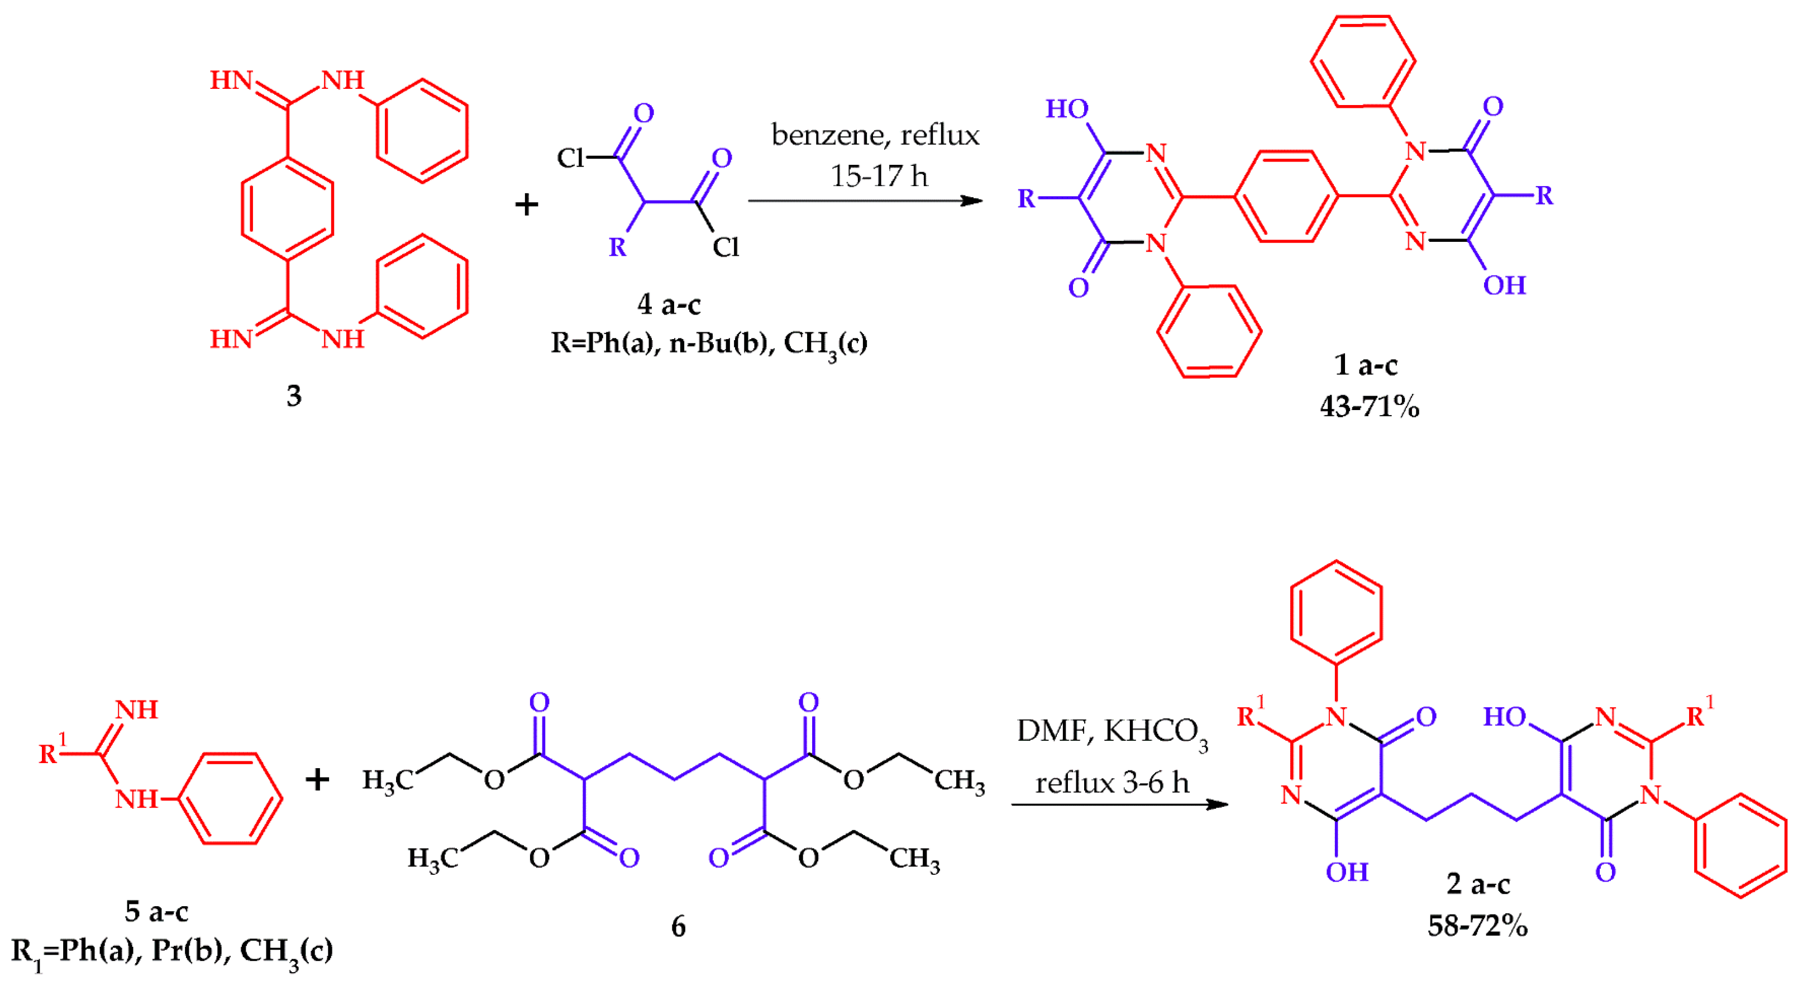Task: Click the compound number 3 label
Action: click(294, 396)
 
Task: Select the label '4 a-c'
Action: click(669, 304)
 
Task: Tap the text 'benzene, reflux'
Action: click(875, 135)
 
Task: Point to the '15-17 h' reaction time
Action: click(879, 175)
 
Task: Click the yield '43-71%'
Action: click(1369, 407)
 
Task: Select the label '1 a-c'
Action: click(1365, 365)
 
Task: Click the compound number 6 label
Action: click(678, 927)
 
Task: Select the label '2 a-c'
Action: click(1477, 884)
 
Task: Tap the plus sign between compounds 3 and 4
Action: click(526, 205)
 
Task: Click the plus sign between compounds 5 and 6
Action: click(317, 779)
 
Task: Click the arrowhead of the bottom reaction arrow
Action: click(1217, 805)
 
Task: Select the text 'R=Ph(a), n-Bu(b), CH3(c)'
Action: click(708, 344)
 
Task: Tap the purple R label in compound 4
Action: click(617, 247)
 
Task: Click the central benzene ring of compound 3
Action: click(287, 208)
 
